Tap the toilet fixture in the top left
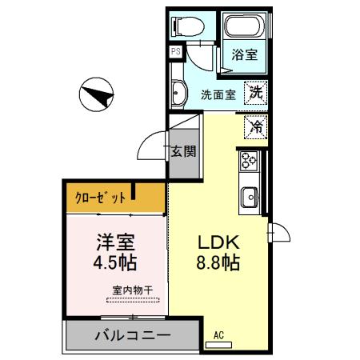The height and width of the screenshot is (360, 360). coord(184,26)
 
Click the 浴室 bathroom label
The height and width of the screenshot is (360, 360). coord(244,56)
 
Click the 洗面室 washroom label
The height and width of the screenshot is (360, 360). coord(218,94)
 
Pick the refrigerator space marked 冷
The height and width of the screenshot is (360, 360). coord(256,126)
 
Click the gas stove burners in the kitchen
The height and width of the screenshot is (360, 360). coord(246,162)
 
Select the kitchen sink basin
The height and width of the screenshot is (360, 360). coord(248,194)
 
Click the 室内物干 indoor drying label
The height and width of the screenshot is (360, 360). coord(132,291)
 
